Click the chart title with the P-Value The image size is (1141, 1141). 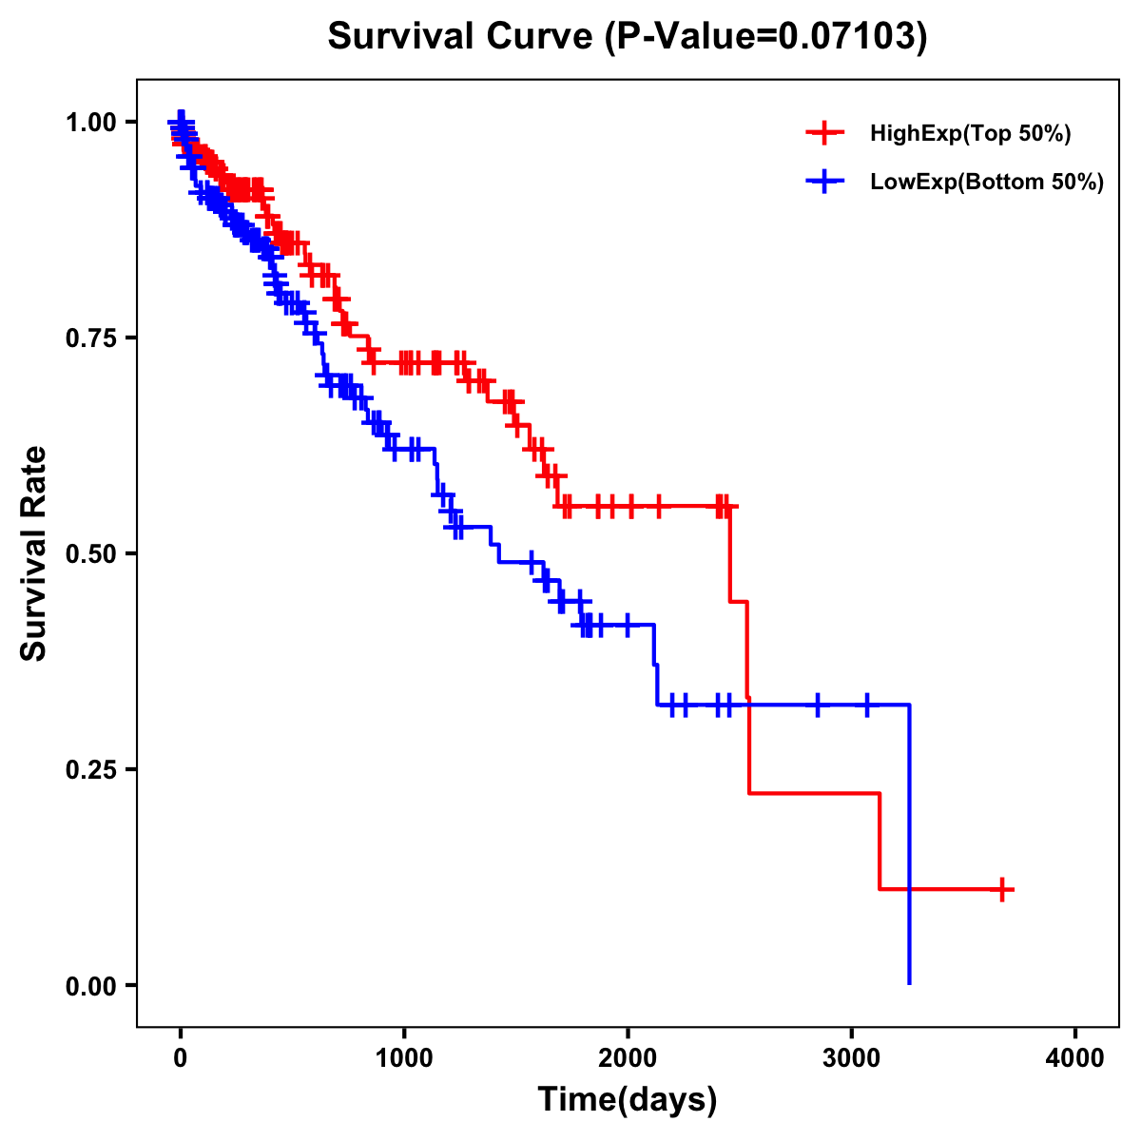tap(627, 36)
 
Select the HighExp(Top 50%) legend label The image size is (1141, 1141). tap(971, 134)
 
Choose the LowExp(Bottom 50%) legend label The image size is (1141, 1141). tap(987, 183)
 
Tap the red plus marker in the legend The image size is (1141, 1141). tap(824, 133)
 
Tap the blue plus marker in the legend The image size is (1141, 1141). tap(824, 182)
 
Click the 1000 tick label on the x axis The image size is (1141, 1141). tap(404, 1058)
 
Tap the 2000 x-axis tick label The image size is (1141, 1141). tap(628, 1058)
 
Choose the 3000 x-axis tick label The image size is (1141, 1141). tap(852, 1058)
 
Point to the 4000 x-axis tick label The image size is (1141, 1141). tap(1075, 1058)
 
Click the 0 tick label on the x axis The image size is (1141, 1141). tap(181, 1058)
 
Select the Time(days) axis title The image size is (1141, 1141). tap(628, 1100)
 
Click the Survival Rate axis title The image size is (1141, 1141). tap(34, 553)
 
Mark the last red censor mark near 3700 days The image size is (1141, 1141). tap(1002, 889)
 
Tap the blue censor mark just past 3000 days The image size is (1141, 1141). tap(866, 705)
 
